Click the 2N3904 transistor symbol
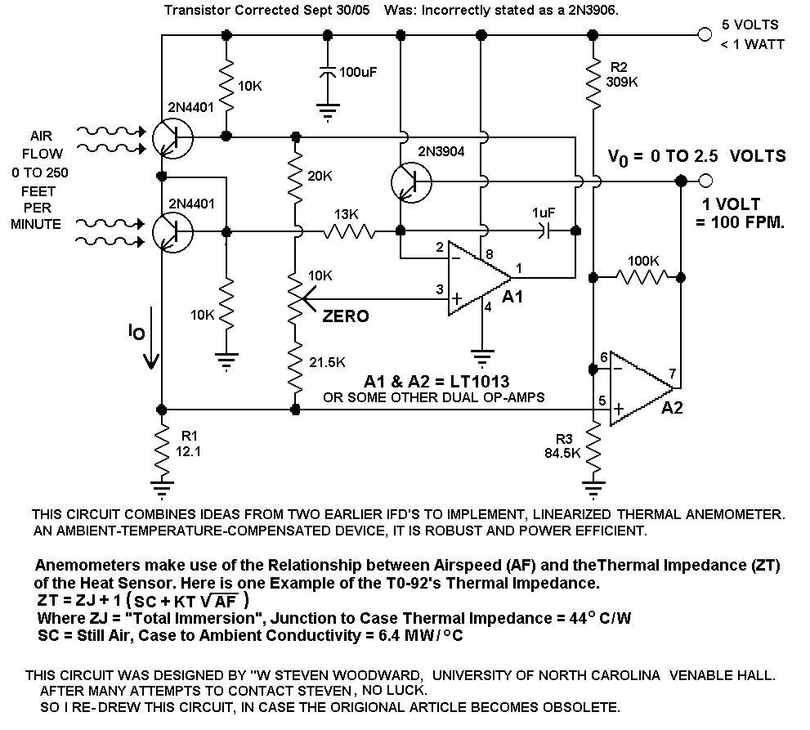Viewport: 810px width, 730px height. tap(411, 181)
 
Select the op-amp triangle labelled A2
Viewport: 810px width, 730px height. tap(641, 388)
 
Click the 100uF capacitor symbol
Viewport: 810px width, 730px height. tap(328, 73)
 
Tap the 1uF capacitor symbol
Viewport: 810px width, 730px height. tap(544, 231)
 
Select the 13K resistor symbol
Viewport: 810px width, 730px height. tap(349, 231)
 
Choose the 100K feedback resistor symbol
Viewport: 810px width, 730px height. tap(642, 277)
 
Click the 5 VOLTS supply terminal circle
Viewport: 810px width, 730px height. tap(705, 34)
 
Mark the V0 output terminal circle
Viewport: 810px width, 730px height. tap(705, 181)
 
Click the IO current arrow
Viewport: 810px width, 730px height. tap(151, 338)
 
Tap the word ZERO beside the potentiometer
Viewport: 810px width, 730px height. tap(346, 316)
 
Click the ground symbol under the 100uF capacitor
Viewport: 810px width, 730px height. tap(328, 112)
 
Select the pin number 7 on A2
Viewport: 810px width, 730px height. tap(672, 373)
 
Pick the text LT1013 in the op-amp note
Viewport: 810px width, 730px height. tap(480, 381)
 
